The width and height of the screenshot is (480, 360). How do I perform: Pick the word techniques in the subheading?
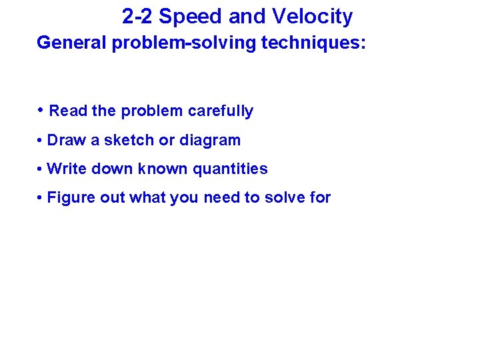pyautogui.click(x=313, y=43)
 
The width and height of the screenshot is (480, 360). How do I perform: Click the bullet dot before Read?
pyautogui.click(x=41, y=110)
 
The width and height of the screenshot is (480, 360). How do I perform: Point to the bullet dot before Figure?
pyautogui.click(x=41, y=198)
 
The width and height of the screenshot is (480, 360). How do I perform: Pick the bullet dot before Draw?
pyautogui.click(x=41, y=141)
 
